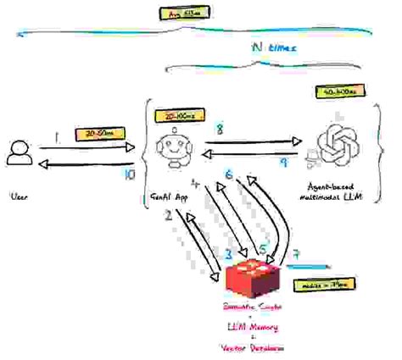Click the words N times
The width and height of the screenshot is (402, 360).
click(x=272, y=49)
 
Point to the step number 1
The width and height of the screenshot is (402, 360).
click(x=56, y=134)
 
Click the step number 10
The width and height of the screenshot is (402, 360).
click(x=129, y=175)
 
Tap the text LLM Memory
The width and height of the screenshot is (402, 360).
click(x=252, y=326)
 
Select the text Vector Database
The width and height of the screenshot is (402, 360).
click(x=252, y=348)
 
